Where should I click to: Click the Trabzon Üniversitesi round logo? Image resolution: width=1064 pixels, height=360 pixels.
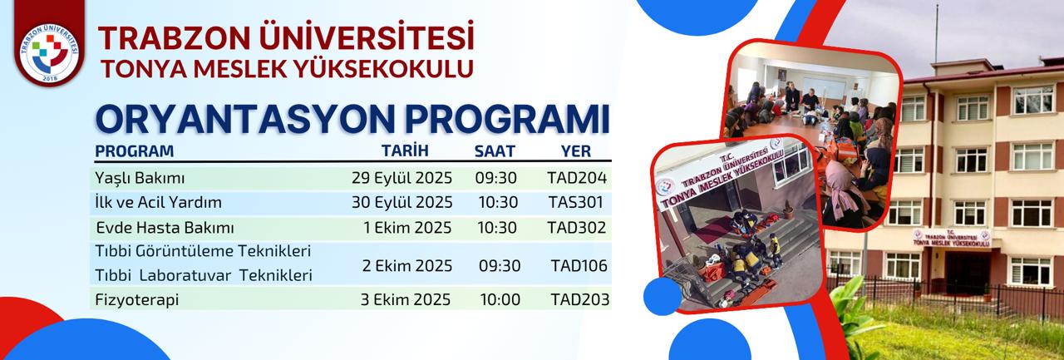[49, 53]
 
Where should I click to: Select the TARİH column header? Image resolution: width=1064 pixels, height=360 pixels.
[405, 150]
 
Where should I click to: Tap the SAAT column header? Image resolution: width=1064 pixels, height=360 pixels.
[495, 151]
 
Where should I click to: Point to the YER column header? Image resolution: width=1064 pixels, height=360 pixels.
[576, 151]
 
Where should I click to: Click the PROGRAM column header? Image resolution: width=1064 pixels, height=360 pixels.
[135, 151]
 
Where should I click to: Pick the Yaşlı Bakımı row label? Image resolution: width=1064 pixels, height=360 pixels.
[140, 178]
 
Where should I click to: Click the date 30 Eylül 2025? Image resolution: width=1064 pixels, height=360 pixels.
[401, 202]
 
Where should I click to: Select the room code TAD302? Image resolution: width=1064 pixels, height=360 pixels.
[576, 228]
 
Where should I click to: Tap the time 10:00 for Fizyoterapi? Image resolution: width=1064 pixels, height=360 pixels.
[500, 299]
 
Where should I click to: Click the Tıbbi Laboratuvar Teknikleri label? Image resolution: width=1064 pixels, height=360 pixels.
[204, 275]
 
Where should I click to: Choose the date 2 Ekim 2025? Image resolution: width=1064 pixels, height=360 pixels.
[407, 265]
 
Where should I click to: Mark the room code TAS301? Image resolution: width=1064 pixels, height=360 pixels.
[576, 202]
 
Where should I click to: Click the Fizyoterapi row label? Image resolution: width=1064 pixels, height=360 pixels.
[137, 300]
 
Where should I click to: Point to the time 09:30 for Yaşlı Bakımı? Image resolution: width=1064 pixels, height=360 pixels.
[495, 178]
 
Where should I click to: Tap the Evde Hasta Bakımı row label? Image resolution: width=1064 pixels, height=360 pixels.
[165, 228]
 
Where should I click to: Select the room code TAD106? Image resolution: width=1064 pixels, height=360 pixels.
[579, 265]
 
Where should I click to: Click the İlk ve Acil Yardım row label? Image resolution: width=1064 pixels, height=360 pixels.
[158, 202]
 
